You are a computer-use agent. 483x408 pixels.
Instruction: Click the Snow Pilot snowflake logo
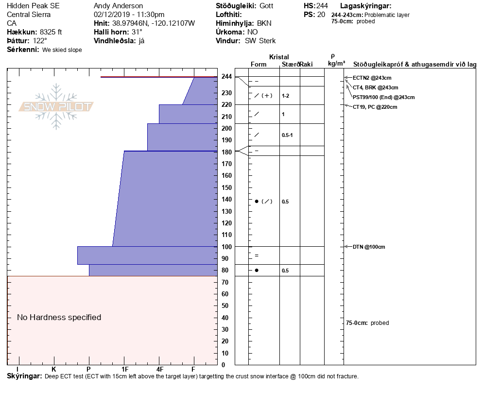pos(56,106)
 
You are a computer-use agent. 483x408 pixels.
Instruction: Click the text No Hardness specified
pos(59,318)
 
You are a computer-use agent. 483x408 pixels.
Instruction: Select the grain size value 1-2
pos(286,96)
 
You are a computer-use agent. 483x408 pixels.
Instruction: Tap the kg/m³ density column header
pos(336,64)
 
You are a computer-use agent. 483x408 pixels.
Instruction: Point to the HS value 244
pos(322,6)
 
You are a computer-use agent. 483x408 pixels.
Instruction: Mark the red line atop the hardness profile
pos(159,77)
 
